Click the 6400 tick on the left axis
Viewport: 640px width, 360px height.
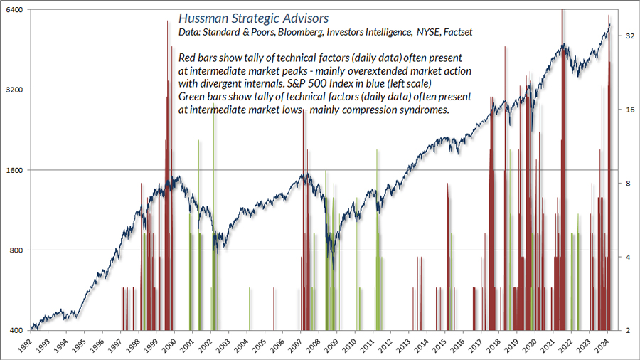(x=16, y=11)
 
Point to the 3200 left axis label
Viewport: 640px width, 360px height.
(x=16, y=90)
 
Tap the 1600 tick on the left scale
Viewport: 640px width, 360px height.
(x=16, y=171)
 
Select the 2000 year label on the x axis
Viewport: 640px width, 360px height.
(x=169, y=344)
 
